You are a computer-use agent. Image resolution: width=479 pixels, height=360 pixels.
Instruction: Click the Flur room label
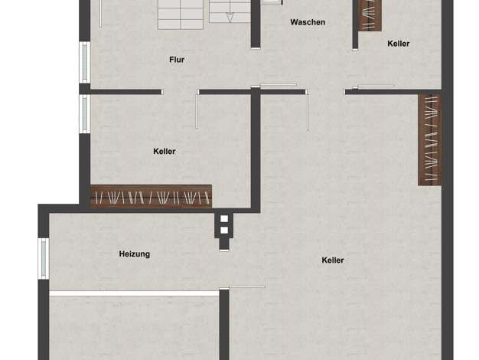pos(177,60)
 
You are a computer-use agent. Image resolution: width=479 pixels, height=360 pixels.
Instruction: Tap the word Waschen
pos(308,22)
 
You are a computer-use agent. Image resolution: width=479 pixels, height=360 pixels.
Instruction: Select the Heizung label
pos(135,254)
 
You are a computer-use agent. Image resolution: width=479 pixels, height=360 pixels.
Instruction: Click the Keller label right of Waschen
pos(399,44)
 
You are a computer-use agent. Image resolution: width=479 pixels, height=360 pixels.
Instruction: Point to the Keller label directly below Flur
pos(165,152)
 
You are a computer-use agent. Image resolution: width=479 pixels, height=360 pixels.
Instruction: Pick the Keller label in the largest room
pos(333,260)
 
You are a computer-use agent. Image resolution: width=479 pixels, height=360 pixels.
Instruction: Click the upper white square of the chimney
pos(224,219)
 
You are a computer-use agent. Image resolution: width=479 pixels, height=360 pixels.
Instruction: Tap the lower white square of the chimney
pos(224,231)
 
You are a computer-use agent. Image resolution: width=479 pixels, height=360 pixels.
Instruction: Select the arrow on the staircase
pos(230,18)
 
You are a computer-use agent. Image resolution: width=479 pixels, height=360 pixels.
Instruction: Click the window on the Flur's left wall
pos(85,62)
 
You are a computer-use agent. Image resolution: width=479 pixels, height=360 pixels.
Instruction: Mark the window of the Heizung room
pos(44,259)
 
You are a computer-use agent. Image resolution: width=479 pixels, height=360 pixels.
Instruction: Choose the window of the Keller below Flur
pos(85,114)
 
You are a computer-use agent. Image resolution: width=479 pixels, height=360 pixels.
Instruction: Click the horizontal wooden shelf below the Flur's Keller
pos(152,197)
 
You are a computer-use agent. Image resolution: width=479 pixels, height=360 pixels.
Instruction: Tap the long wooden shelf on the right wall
pos(430,139)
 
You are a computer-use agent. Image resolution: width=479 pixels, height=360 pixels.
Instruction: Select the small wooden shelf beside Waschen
pos(370,15)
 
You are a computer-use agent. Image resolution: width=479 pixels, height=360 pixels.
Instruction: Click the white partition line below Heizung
pos(134,293)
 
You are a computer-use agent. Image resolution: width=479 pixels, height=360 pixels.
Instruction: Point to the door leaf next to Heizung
pos(247,287)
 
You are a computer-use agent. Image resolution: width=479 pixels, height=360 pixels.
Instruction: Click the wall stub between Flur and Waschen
pos(256,25)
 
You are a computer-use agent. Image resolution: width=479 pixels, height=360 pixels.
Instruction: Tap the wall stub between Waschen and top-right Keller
pos(355,25)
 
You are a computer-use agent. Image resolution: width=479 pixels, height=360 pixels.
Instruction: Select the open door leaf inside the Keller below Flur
pos(197,111)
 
